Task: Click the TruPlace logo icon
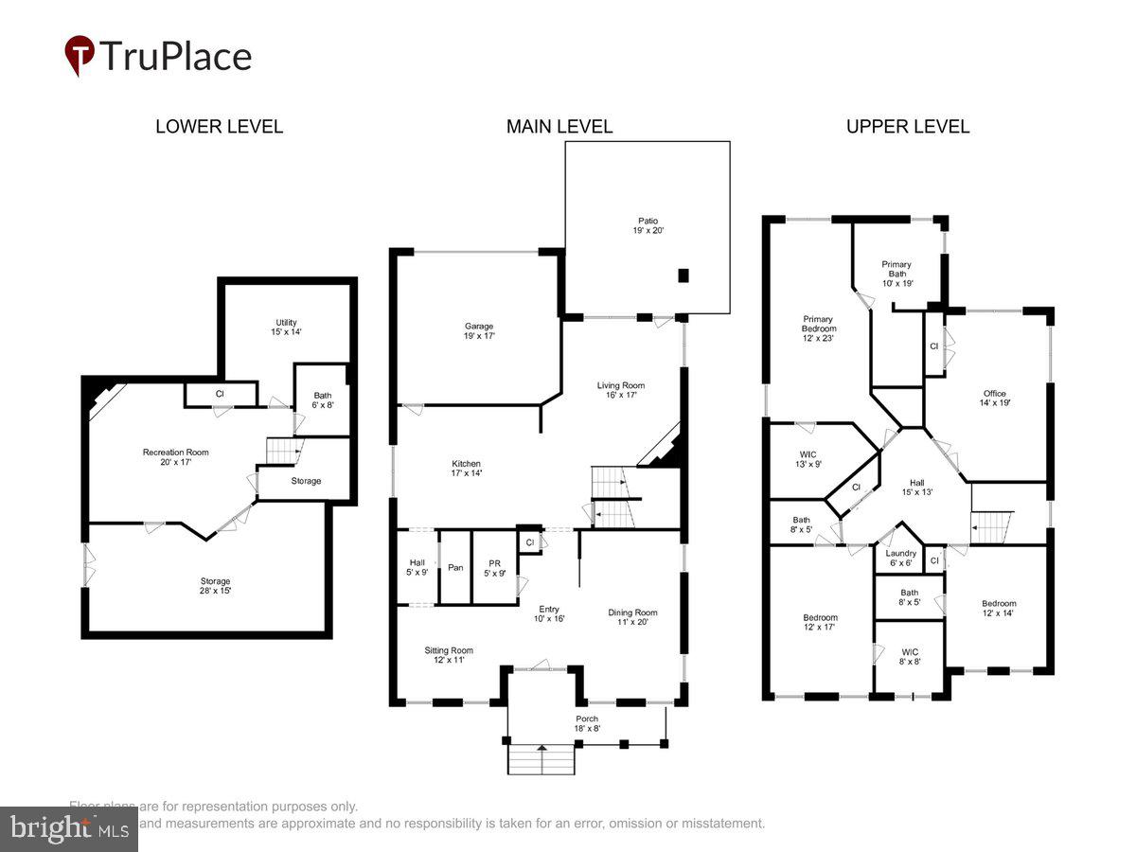[80, 55]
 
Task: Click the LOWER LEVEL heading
[219, 127]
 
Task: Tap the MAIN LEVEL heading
[559, 127]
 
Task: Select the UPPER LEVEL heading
[907, 127]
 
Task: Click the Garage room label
[479, 330]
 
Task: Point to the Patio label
[648, 225]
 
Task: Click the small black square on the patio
[683, 275]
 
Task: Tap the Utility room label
[287, 327]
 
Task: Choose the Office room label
[994, 399]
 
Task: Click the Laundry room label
[900, 558]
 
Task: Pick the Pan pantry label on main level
[455, 567]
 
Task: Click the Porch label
[587, 723]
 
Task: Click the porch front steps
[542, 759]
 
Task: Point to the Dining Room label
[632, 617]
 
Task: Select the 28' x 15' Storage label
[215, 586]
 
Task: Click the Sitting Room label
[448, 655]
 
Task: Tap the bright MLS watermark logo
[68, 829]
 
